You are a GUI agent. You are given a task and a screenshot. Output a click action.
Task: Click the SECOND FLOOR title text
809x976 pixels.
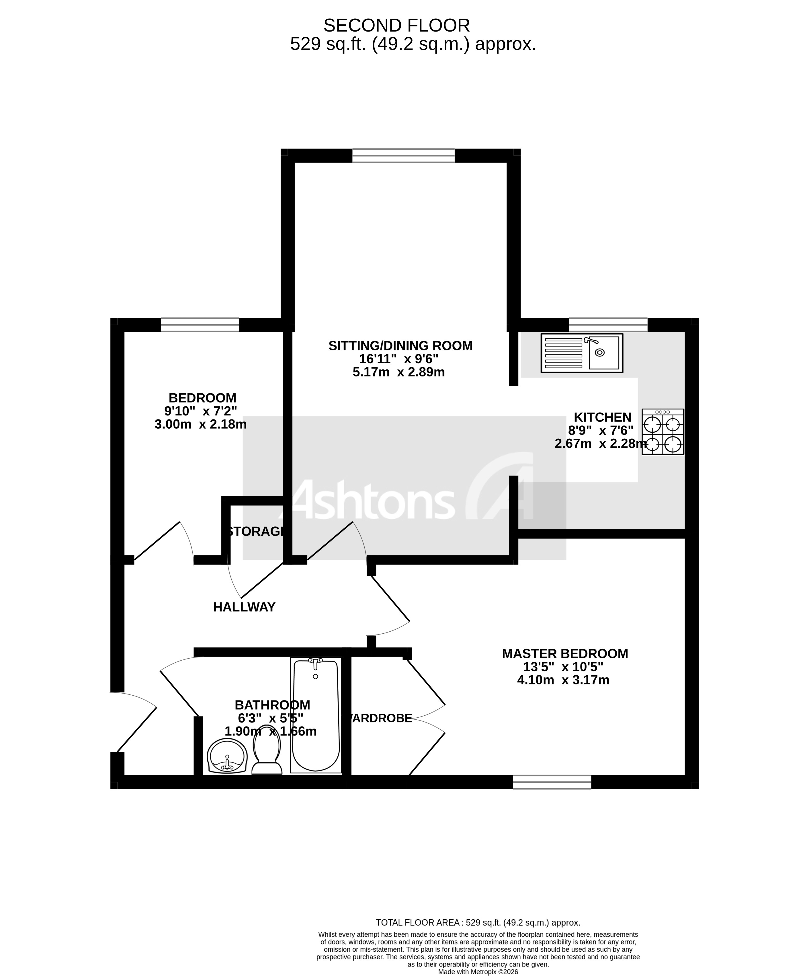tap(396, 26)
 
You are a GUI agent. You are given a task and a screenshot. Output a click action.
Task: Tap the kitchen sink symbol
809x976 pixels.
tap(581, 353)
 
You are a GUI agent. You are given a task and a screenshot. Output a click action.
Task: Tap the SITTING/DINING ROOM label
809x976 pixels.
tap(400, 346)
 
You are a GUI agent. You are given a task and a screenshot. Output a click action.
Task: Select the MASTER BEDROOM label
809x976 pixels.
tap(564, 653)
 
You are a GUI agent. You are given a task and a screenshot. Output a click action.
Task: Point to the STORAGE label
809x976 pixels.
tap(256, 531)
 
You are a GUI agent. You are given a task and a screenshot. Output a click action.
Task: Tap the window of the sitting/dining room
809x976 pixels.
tap(403, 156)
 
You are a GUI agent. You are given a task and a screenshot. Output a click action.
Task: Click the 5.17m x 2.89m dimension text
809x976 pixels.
tap(399, 372)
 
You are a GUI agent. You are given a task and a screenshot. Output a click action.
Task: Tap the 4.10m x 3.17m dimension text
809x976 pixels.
tap(563, 680)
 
